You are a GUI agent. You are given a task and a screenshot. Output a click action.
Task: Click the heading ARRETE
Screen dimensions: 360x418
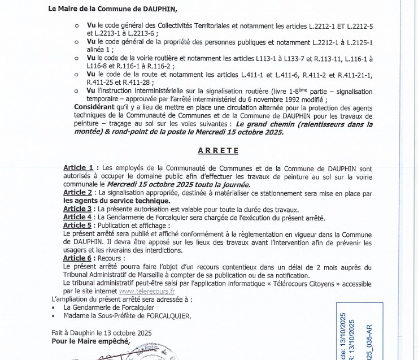pos(219,151)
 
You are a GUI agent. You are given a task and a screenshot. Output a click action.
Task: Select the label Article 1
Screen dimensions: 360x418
pos(78,168)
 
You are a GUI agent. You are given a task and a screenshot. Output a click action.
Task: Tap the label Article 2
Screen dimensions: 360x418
pos(78,193)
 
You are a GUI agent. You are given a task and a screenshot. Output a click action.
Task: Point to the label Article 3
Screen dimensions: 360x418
pos(77,209)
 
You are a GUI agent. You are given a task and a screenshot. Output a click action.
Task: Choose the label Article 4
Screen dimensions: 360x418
pos(77,217)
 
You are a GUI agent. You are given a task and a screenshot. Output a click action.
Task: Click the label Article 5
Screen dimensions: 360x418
pos(77,225)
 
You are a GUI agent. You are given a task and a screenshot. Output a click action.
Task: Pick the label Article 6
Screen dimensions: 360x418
pos(77,258)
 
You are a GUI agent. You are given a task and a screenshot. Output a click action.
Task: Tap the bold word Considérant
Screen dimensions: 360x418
pos(96,106)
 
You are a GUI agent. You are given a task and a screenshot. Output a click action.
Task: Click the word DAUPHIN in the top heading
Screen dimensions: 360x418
pos(158,9)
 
